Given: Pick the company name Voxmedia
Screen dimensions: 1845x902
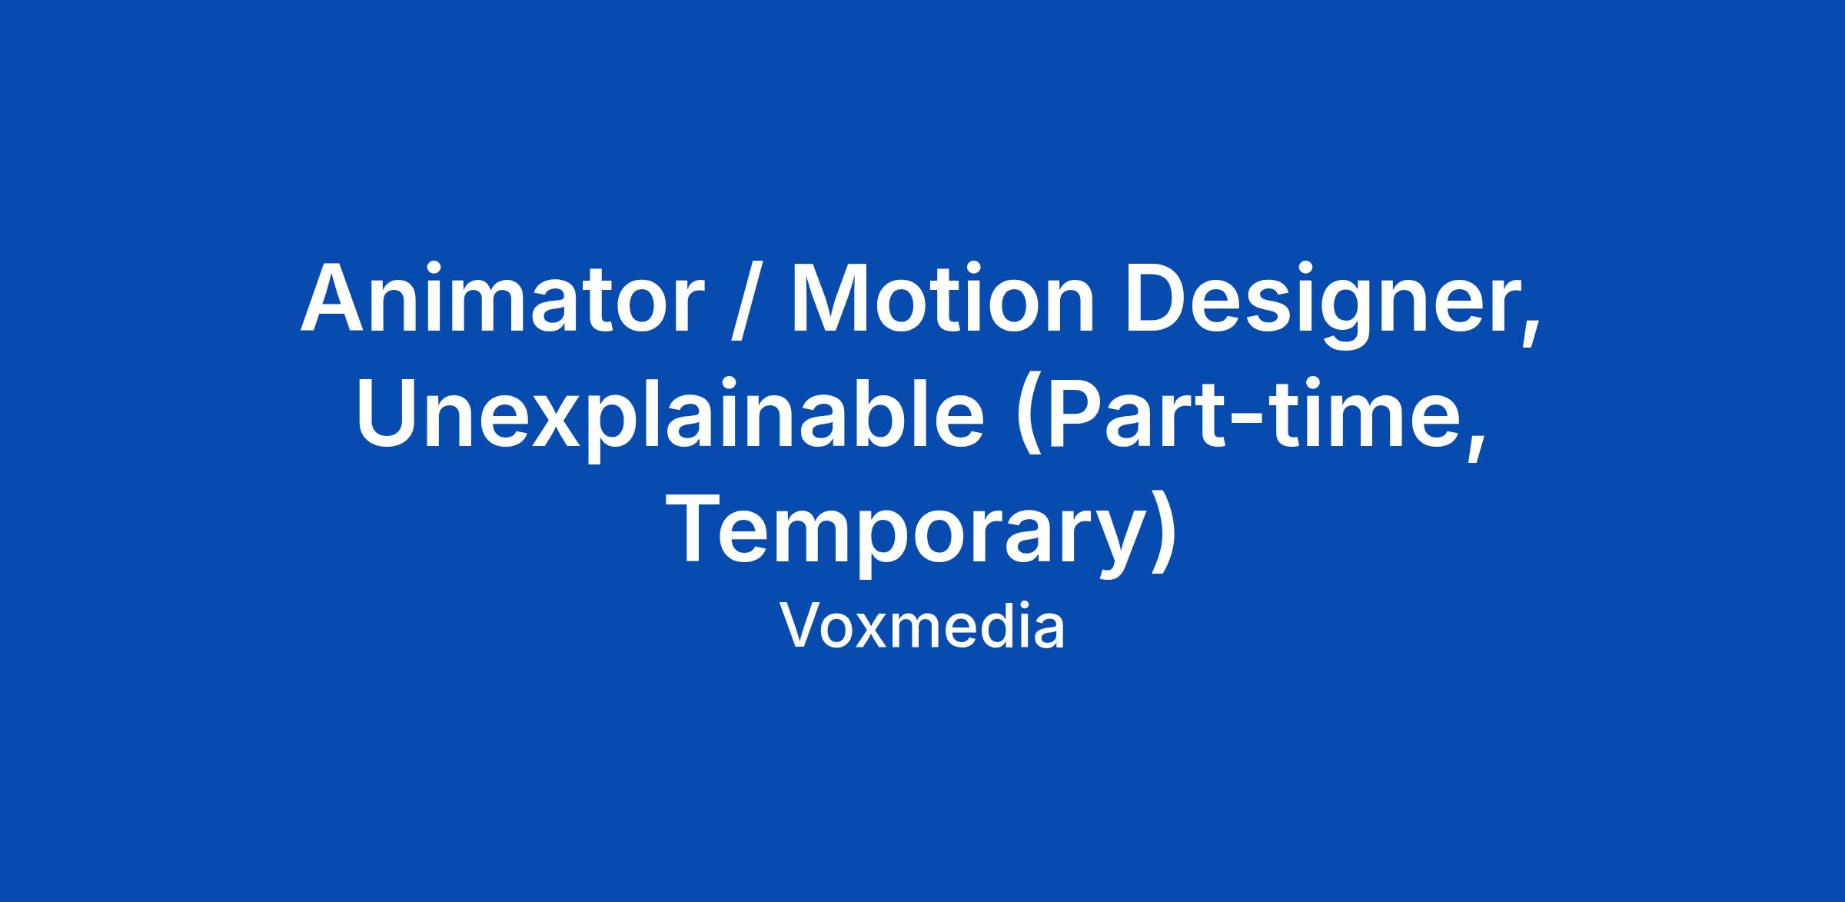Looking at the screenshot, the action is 923,626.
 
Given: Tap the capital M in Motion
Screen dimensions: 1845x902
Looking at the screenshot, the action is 832,299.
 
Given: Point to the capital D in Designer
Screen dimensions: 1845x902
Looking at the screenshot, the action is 1159,299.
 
